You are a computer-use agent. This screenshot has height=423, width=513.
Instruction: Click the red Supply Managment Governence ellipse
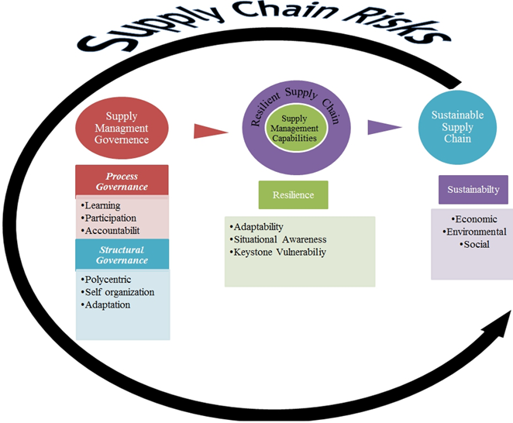[122, 129]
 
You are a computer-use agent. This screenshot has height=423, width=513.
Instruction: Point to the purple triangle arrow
[382, 127]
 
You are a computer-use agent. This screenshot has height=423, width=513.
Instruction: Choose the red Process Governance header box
[122, 182]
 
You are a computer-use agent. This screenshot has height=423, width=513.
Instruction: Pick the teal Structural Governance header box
[122, 255]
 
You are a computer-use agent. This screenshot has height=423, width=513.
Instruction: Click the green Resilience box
[293, 194]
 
